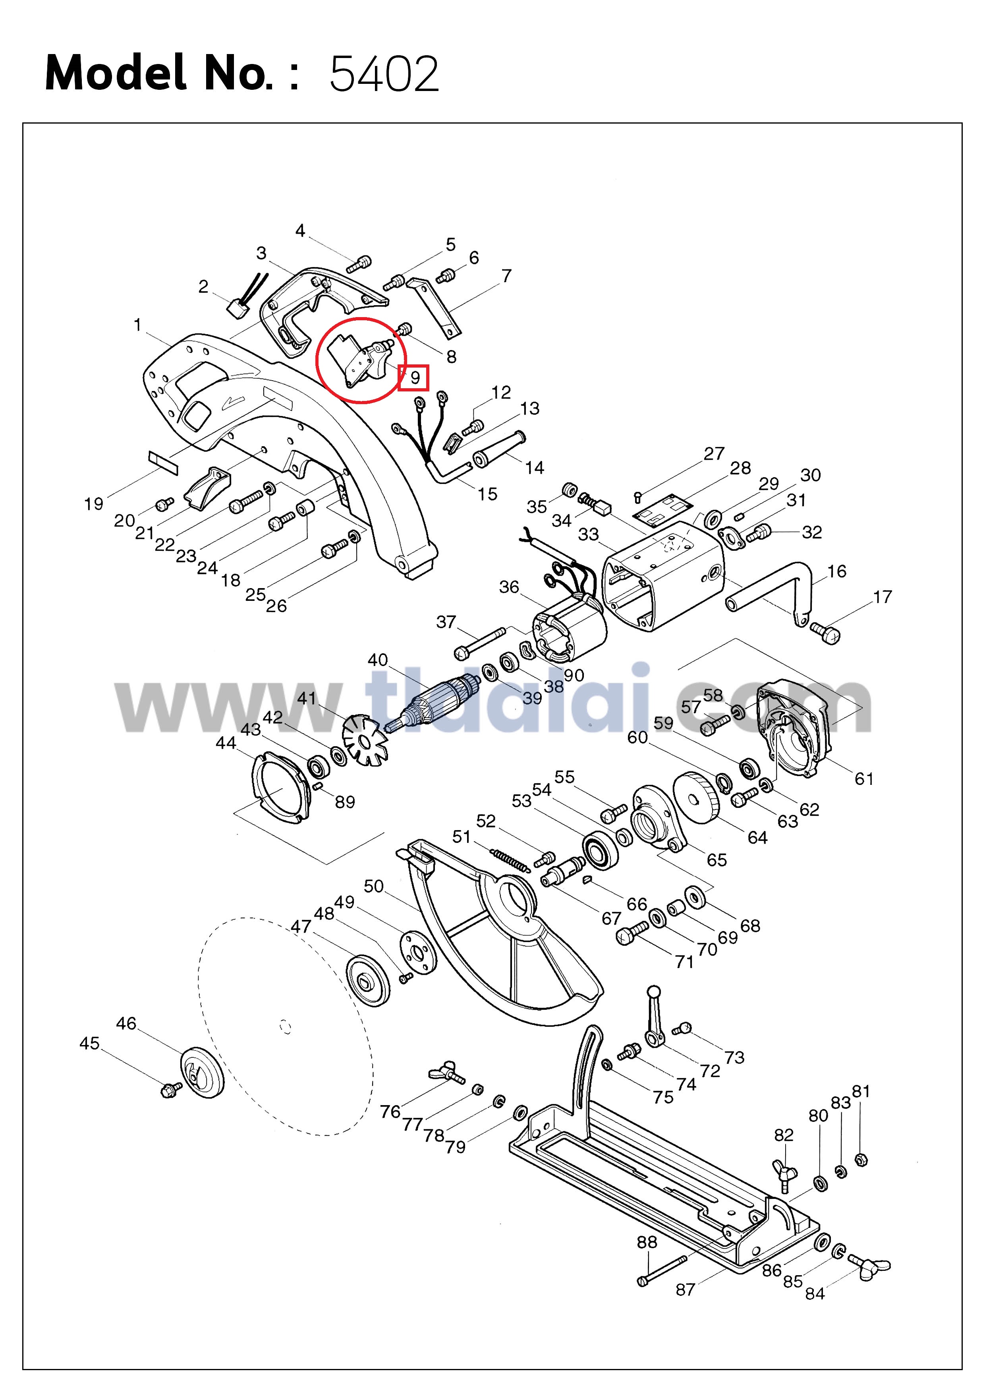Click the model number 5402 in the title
[384, 74]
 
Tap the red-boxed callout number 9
[415, 378]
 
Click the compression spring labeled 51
[510, 861]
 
